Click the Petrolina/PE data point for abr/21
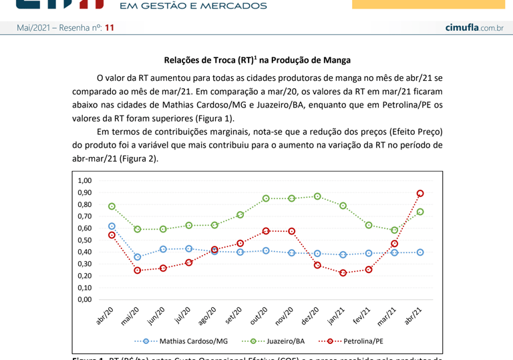point(420,194)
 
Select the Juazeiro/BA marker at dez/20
point(317,196)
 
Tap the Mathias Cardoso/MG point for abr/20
point(112,226)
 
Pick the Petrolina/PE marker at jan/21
point(343,273)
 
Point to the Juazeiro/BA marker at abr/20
point(112,206)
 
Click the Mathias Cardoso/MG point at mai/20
point(138,257)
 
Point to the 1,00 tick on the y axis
point(85,180)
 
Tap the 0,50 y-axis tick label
point(85,240)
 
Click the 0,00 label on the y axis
point(85,299)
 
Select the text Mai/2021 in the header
point(34,27)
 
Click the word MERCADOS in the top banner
point(230,6)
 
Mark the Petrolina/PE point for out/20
point(266,231)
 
